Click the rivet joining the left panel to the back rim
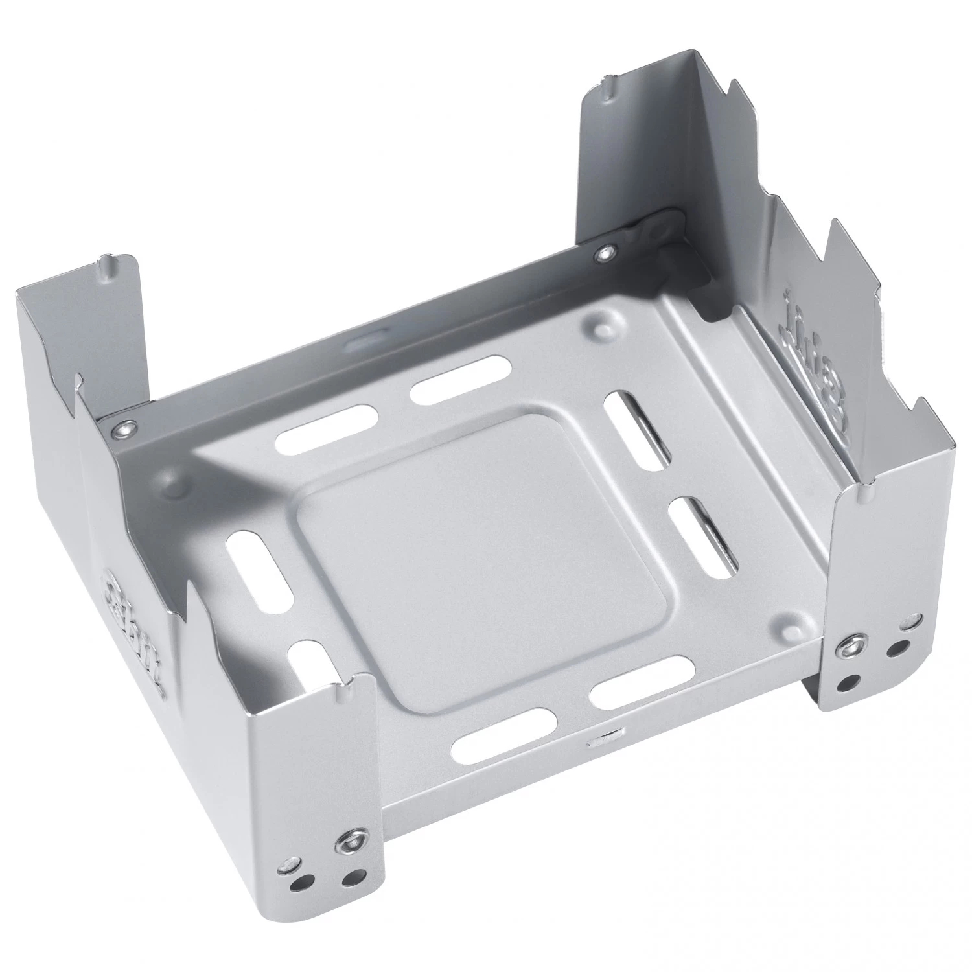123,427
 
